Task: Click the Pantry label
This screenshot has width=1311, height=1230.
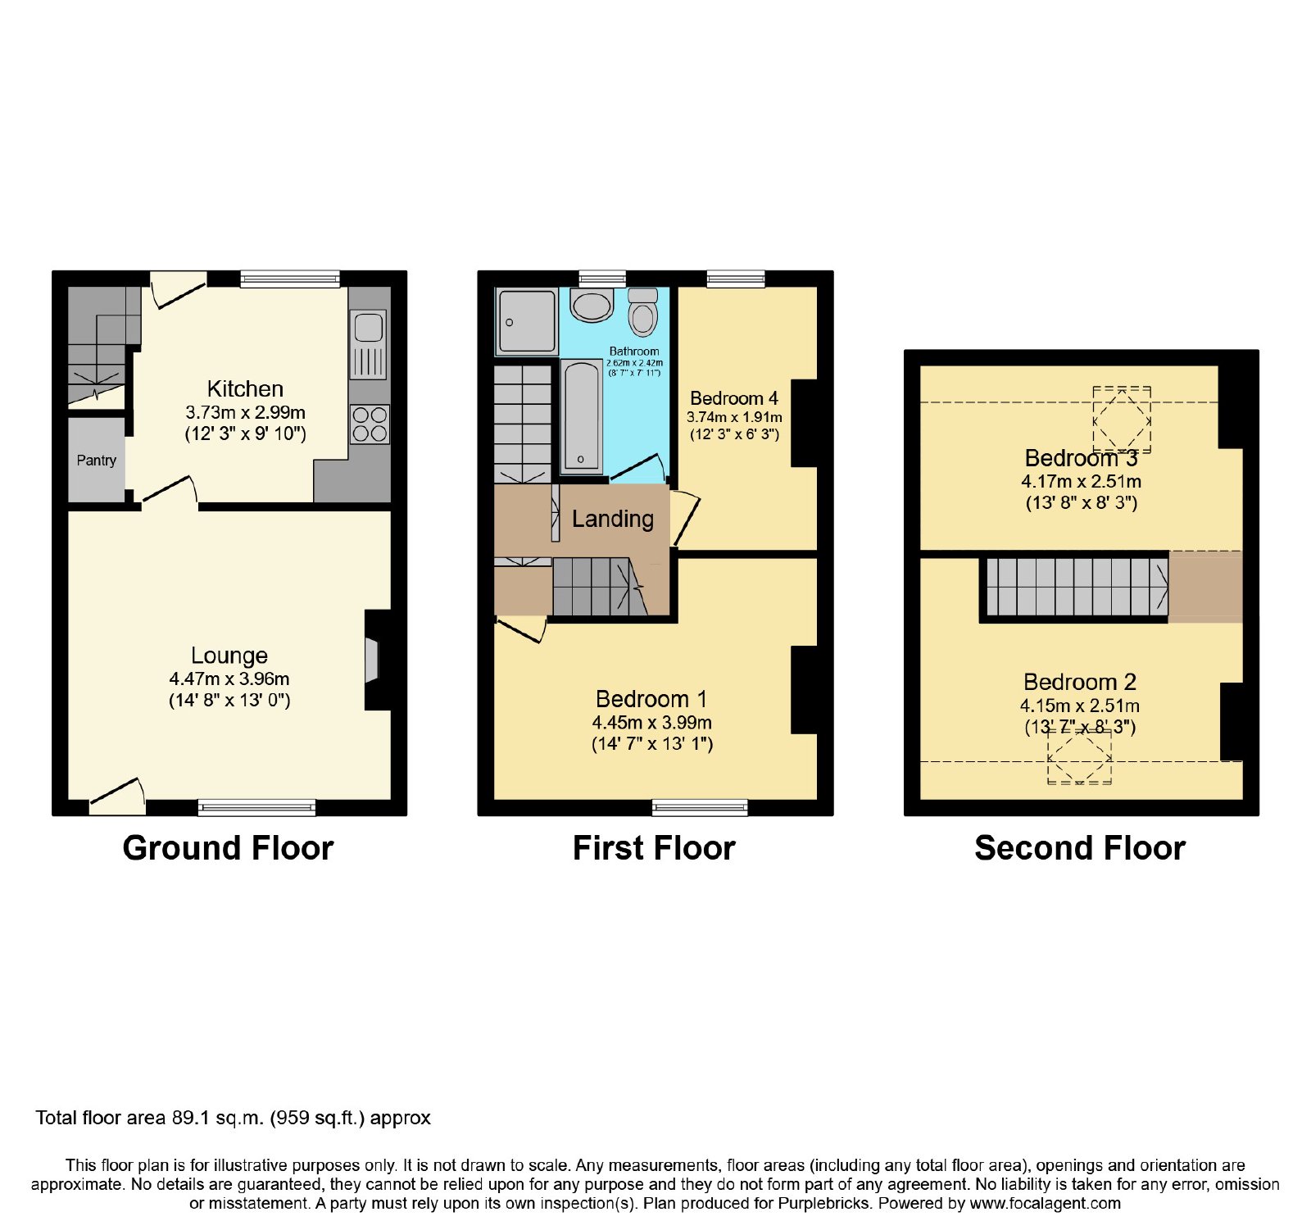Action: (x=97, y=461)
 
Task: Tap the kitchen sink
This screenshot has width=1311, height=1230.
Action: (x=368, y=344)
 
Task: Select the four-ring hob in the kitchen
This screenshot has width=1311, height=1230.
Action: (x=370, y=424)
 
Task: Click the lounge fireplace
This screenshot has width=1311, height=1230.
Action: (x=373, y=659)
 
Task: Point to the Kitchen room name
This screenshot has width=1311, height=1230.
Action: (x=245, y=388)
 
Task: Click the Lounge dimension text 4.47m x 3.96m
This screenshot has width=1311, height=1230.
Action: (x=229, y=679)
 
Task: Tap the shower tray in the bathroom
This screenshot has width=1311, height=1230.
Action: (x=525, y=322)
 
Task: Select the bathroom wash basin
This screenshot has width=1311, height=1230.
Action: (x=592, y=306)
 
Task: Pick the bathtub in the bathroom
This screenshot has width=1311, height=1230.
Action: (x=582, y=416)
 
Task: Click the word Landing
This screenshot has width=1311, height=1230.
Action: (x=613, y=519)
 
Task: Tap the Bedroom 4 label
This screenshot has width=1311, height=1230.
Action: (x=734, y=398)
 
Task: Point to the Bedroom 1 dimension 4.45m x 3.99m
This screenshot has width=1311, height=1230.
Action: (x=652, y=723)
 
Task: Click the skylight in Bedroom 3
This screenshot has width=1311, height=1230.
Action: (x=1122, y=420)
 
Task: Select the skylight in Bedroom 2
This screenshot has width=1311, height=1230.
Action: (x=1080, y=756)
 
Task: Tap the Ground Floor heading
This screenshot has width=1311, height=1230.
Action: (x=228, y=848)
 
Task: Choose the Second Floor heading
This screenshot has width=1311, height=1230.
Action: (x=1080, y=848)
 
